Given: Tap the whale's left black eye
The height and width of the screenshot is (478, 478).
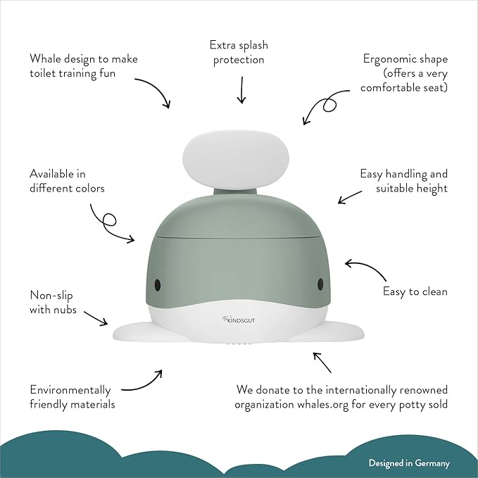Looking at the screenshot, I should (157, 285).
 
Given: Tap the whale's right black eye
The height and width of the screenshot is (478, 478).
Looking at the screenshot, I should (321, 283).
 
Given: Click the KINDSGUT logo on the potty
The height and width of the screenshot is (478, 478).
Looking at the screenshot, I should (236, 321).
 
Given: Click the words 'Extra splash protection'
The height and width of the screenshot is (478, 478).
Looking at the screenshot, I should (238, 53).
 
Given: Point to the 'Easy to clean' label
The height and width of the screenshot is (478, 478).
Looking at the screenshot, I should (415, 291).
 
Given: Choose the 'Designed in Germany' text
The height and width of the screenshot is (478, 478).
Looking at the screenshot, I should (408, 463).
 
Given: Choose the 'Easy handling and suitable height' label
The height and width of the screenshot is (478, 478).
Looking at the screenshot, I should (403, 181).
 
